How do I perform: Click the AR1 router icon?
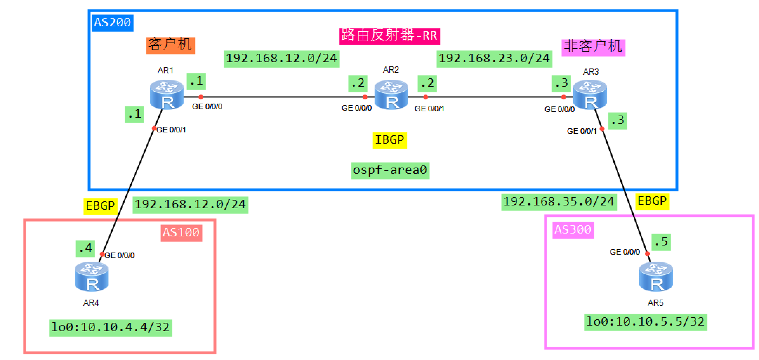tap(166, 95)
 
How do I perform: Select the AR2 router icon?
tap(391, 95)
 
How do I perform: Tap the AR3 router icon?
tap(590, 95)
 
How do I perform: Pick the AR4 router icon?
tap(92, 277)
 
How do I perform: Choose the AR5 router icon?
tap(656, 277)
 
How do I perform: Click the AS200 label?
tap(112, 23)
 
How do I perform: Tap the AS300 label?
tap(573, 230)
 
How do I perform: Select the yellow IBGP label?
tap(390, 140)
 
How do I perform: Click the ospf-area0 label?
tap(390, 170)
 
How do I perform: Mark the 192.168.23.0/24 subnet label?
tap(494, 59)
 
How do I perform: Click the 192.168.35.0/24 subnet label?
tap(559, 202)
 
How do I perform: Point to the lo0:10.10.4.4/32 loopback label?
tap(111, 328)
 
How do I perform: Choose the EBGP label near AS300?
tap(652, 201)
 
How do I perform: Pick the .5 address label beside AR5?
tap(661, 242)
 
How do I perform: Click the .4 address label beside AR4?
tap(86, 249)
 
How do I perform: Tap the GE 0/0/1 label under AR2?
tap(429, 109)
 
